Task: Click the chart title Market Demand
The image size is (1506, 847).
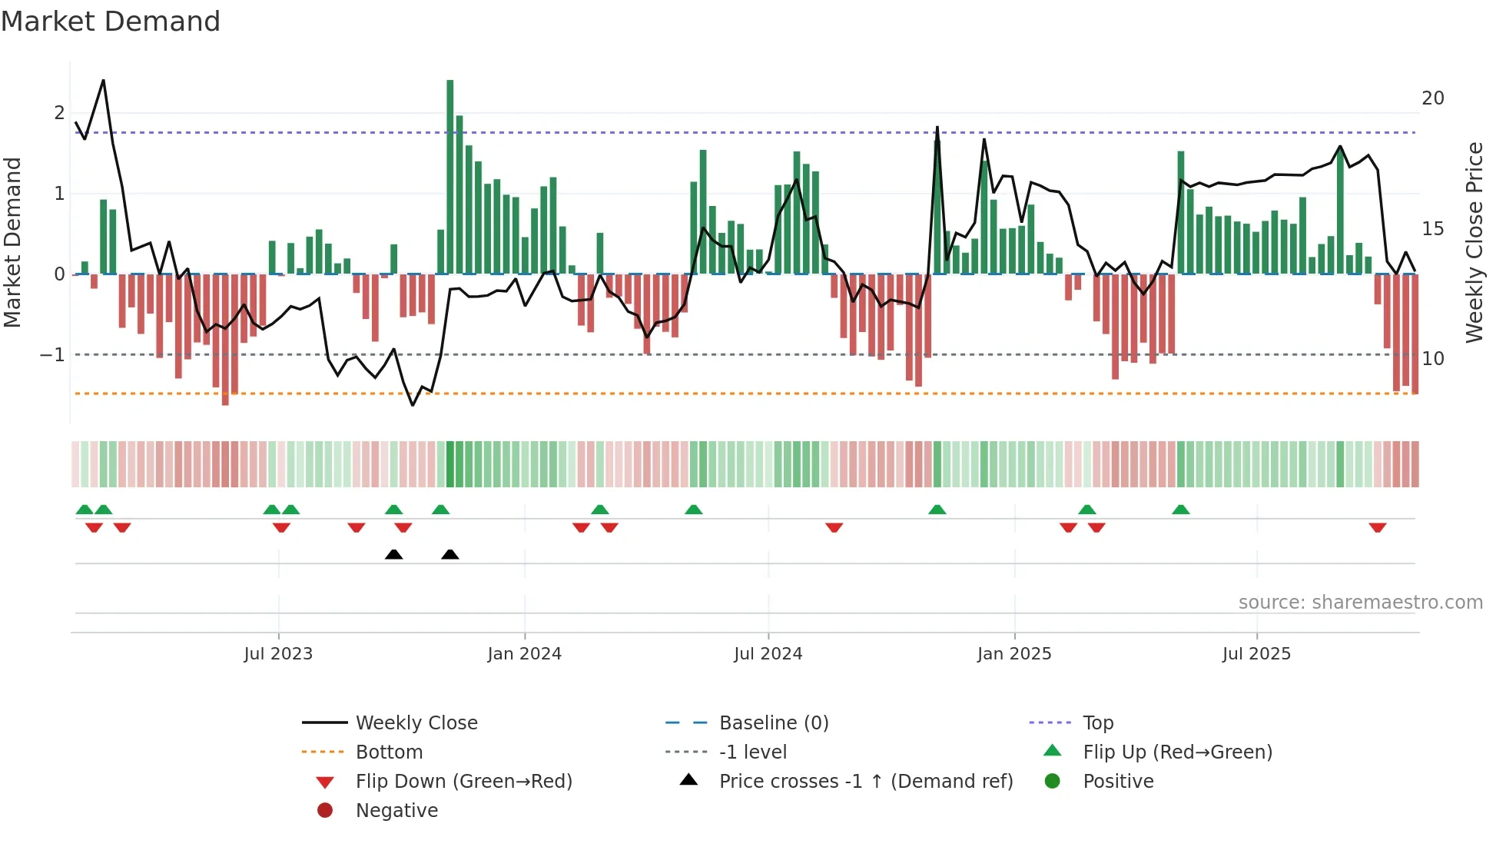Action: coord(111,22)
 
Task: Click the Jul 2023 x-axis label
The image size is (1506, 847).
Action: coord(278,654)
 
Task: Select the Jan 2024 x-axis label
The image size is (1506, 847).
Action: coord(524,654)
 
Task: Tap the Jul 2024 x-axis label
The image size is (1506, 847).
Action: coord(768,654)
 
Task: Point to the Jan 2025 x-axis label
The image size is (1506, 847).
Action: coord(1014,654)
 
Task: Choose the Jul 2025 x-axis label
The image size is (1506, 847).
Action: coord(1256,654)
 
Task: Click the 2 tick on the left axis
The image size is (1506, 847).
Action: coord(59,113)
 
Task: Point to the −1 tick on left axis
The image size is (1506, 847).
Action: coord(52,355)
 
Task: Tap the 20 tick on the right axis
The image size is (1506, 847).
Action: coord(1432,98)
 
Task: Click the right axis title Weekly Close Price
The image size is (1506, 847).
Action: coord(1474,242)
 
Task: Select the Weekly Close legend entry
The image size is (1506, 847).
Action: coord(416,723)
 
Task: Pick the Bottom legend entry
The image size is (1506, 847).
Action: coord(389,752)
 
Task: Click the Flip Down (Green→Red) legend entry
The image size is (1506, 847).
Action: coord(463,782)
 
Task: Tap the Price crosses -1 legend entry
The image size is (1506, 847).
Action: coord(865,782)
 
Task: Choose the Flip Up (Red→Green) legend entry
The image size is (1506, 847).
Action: coord(1177,752)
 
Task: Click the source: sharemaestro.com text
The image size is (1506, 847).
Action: coord(1360,603)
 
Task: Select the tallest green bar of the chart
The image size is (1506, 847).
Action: coord(450,177)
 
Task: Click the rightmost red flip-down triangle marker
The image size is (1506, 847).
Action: coord(1377,527)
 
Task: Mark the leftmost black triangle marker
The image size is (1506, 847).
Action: coord(393,554)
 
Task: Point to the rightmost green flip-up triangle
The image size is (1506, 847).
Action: coord(1181,510)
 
